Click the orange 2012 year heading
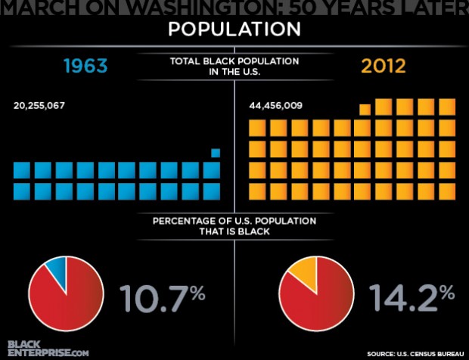click(384, 66)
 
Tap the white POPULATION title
click(234, 29)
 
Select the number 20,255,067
click(39, 105)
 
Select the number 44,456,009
click(276, 105)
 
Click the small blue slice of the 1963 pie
click(57, 269)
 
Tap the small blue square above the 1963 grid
click(216, 153)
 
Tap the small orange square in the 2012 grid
click(365, 110)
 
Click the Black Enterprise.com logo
click(48, 349)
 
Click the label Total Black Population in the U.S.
click(234, 65)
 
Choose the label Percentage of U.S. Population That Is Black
click(234, 226)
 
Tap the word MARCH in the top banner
click(37, 7)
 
